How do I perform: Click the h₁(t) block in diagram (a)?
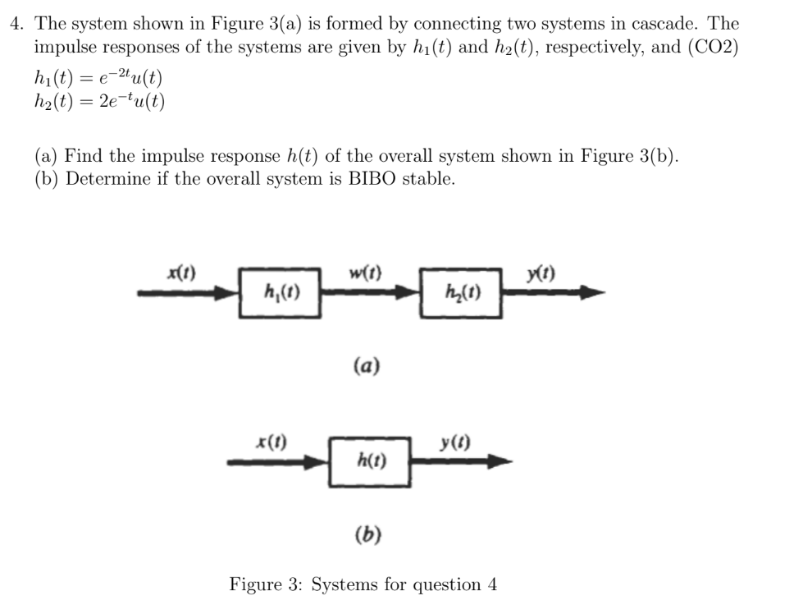click(x=280, y=292)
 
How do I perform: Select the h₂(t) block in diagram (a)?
click(x=460, y=292)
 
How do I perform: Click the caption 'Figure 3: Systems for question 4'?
click(x=363, y=584)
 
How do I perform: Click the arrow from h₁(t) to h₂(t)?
click(x=370, y=291)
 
